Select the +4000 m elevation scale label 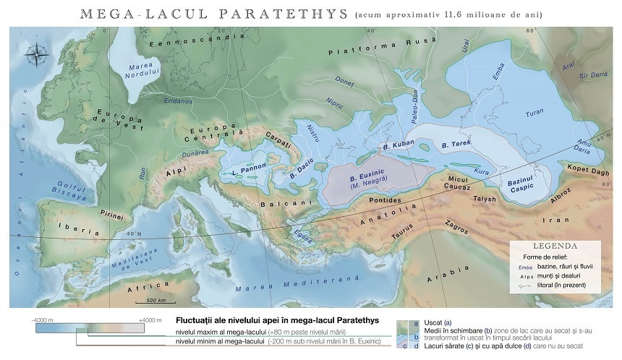pyautogui.click(x=150, y=318)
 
